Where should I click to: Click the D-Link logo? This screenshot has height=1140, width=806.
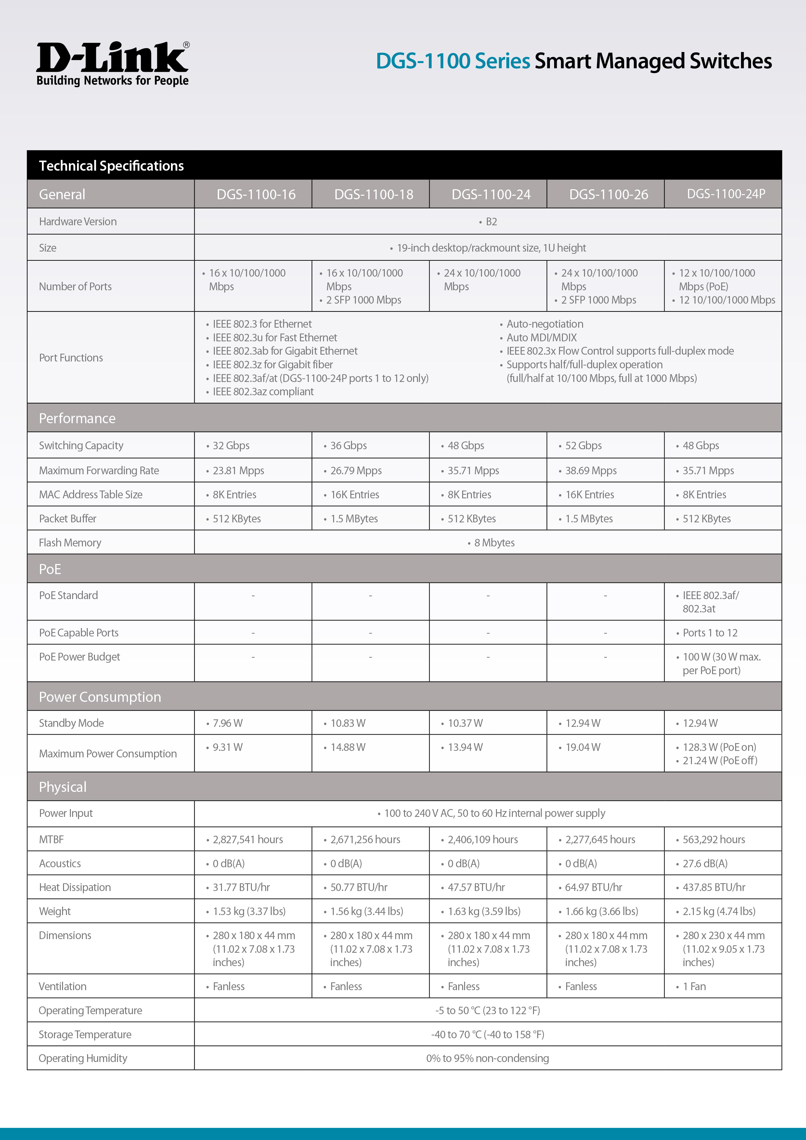pyautogui.click(x=113, y=64)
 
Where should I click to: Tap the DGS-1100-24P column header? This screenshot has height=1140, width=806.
pyautogui.click(x=726, y=194)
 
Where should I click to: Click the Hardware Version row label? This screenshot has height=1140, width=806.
pyautogui.click(x=78, y=221)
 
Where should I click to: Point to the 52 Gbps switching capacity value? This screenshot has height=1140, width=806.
pyautogui.click(x=583, y=445)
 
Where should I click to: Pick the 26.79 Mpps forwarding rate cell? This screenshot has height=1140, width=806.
pyautogui.click(x=356, y=470)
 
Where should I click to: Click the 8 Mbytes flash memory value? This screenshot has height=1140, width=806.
pyautogui.click(x=494, y=543)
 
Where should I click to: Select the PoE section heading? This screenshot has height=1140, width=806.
pyautogui.click(x=50, y=569)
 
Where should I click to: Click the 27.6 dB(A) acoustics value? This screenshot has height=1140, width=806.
pyautogui.click(x=705, y=863)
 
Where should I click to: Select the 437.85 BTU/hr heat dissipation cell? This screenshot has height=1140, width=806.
pyautogui.click(x=714, y=887)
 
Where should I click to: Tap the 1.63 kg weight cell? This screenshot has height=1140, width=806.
pyautogui.click(x=483, y=911)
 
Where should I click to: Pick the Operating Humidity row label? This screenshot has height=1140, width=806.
pyautogui.click(x=83, y=1058)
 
